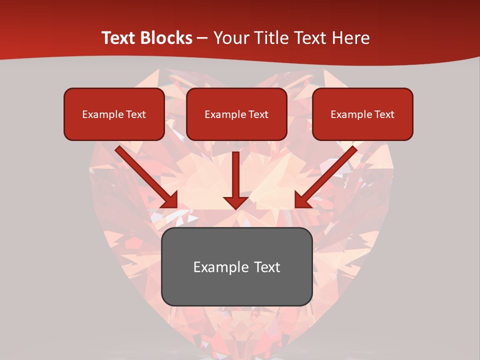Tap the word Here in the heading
click(x=350, y=38)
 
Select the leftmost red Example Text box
click(x=114, y=114)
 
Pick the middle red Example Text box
click(x=236, y=114)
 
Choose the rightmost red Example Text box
click(x=362, y=114)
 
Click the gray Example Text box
click(x=236, y=266)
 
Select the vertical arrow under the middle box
click(x=235, y=175)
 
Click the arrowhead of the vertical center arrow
click(x=235, y=201)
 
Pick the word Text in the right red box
click(x=384, y=114)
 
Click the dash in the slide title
click(x=202, y=38)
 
